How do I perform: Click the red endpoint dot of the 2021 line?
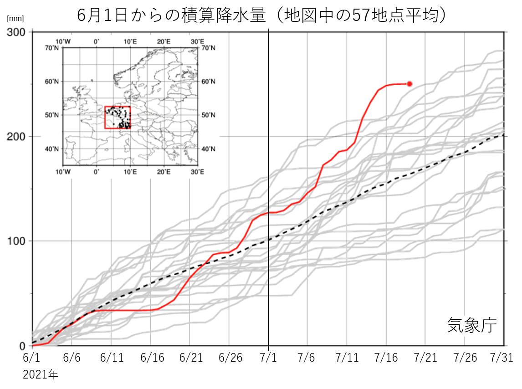(409, 84)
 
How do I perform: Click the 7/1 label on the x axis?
(268, 358)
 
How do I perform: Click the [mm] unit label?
(15, 19)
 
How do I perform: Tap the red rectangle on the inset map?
(118, 118)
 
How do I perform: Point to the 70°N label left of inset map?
(51, 47)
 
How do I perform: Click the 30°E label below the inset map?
(197, 172)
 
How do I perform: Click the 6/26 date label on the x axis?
(229, 358)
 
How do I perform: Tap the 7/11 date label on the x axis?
(347, 358)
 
